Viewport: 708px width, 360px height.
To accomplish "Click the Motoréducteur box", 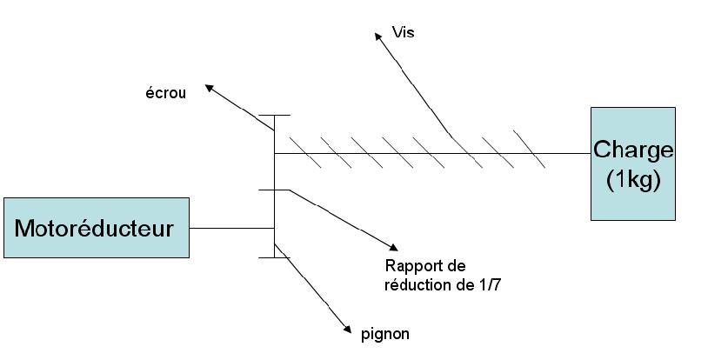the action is pos(97,228).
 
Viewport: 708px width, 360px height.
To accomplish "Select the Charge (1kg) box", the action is pos(633,163).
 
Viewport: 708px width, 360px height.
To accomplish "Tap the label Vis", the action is pos(403,32).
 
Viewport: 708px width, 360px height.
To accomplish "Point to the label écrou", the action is pos(166,93).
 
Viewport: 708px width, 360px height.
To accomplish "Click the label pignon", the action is pos(385,334).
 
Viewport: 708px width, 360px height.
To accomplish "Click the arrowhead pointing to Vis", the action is pos(379,37).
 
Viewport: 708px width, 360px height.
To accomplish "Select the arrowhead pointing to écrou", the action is pos(209,88).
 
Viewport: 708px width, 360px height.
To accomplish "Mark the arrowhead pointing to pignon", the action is pos(347,329).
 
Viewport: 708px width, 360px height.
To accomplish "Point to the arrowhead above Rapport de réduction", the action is pos(393,247).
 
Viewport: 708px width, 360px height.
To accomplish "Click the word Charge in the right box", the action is pos(633,150).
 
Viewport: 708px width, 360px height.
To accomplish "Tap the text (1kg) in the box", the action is pos(633,180).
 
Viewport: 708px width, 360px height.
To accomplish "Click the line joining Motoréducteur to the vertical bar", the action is pos(231,228).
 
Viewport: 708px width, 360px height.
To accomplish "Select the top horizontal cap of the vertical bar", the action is pos(274,115).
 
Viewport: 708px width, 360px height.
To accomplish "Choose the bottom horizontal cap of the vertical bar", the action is pos(274,257).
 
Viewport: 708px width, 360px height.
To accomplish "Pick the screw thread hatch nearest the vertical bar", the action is pos(305,152).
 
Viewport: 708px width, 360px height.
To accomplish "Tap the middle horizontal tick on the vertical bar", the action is pos(274,190).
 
